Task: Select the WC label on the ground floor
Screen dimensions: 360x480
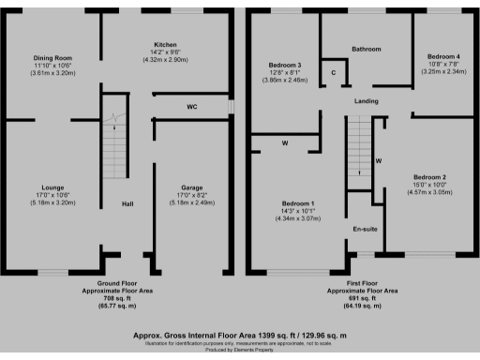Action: [x=191, y=108]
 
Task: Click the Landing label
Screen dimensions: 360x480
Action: [x=366, y=100]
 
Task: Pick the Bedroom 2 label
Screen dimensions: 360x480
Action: [x=429, y=177]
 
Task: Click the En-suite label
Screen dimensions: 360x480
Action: [x=365, y=229]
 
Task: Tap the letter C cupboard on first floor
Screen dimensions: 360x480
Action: [x=333, y=72]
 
